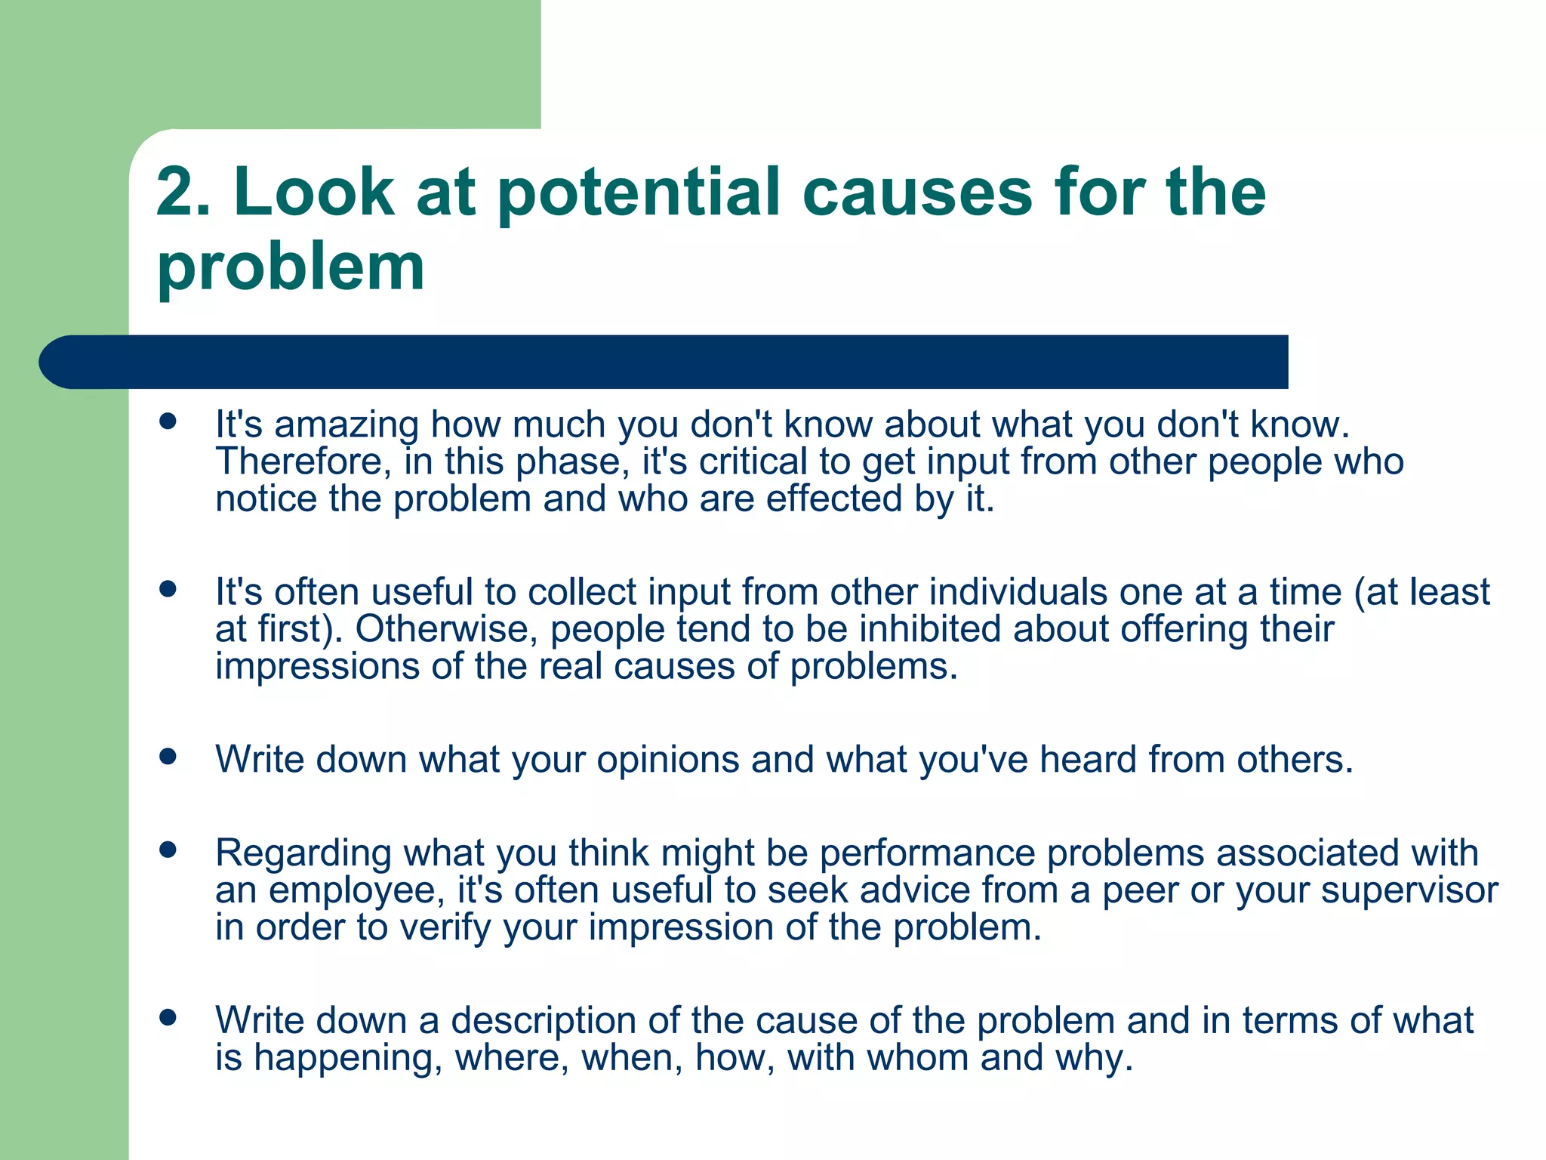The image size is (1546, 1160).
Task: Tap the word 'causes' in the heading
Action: click(x=916, y=193)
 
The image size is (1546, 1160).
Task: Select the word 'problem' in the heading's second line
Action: click(x=291, y=267)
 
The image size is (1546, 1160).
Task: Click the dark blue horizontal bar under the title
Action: click(x=664, y=362)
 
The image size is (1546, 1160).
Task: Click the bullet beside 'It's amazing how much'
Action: click(x=168, y=421)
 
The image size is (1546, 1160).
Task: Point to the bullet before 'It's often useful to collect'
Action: click(x=168, y=588)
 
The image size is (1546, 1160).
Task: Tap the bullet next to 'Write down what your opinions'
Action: click(x=168, y=756)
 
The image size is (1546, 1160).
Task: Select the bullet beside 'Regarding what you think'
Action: click(x=168, y=850)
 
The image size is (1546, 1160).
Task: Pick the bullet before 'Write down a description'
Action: click(x=168, y=1017)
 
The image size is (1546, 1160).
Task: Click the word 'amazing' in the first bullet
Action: click(x=346, y=425)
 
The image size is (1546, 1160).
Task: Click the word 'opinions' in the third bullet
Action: click(x=667, y=760)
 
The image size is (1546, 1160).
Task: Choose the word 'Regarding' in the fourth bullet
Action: click(x=303, y=853)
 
